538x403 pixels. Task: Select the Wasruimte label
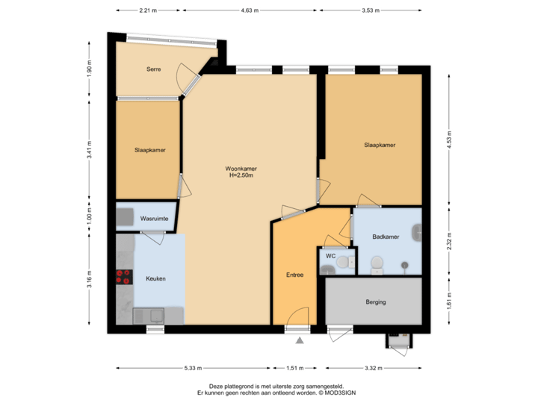tap(154, 219)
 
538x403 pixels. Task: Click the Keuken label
tap(155, 278)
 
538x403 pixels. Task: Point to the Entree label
tap(294, 275)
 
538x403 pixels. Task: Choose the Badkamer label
tap(386, 237)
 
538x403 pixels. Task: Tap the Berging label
tap(375, 302)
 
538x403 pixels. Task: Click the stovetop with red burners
tap(123, 278)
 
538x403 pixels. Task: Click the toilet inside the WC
tap(344, 262)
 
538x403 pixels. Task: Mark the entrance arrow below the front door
tap(300, 341)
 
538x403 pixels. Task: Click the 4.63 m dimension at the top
tap(249, 10)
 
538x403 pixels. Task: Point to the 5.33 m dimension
tap(191, 367)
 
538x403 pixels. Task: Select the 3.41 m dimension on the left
tap(90, 150)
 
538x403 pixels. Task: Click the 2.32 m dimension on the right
tap(449, 240)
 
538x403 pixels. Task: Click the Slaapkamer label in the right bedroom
tap(380, 145)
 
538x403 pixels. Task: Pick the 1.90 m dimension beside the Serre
tap(90, 69)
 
